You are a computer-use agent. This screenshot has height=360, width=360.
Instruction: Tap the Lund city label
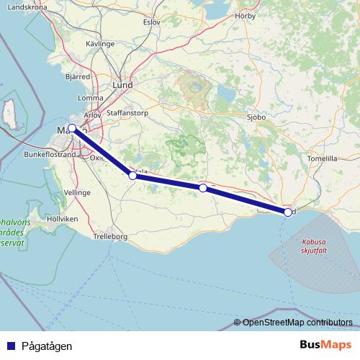coord(123,84)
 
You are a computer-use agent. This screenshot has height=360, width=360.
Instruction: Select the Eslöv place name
coord(151,22)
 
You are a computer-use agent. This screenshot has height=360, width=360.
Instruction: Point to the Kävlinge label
coord(100,44)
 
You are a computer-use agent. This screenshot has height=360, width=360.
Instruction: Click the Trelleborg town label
coord(111,236)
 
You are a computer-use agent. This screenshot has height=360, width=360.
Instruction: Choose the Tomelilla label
coord(322,158)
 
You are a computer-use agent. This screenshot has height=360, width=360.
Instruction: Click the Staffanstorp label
coord(126,113)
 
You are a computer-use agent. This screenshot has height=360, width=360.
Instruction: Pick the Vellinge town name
coord(77,193)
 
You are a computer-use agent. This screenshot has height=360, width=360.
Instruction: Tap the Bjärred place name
coord(77,75)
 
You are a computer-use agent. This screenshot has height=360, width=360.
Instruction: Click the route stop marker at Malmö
coord(72,128)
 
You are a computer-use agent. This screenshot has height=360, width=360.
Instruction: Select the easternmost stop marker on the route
coord(288,212)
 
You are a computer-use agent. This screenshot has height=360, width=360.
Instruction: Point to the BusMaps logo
coord(325,345)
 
